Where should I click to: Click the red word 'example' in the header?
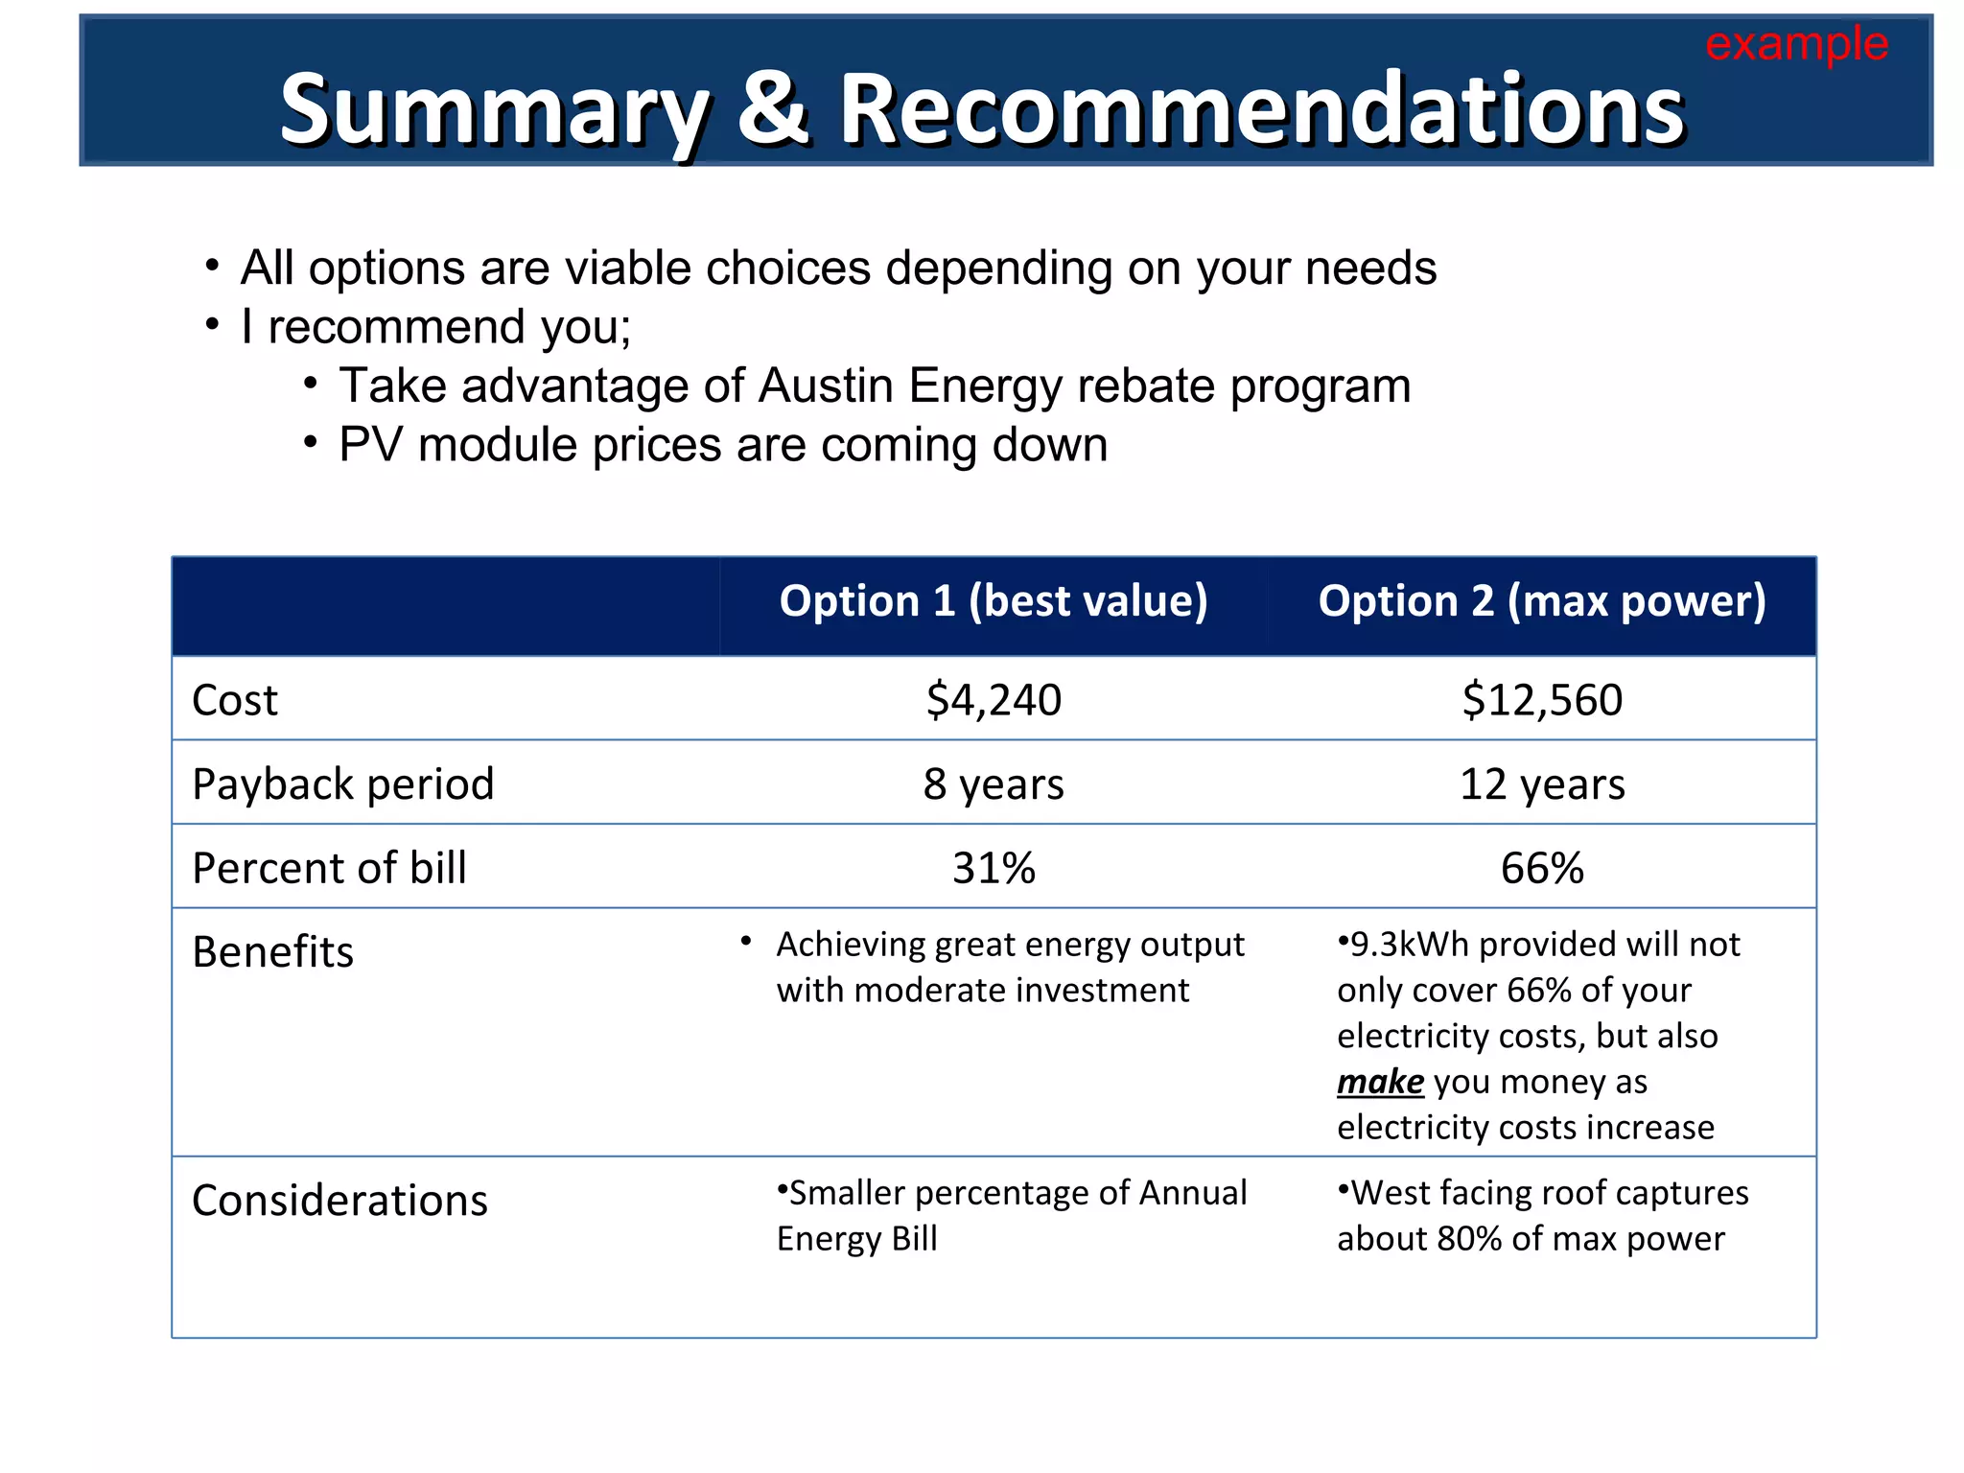(1796, 44)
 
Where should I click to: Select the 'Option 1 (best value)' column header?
(994, 601)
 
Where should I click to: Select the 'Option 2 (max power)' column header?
(1542, 601)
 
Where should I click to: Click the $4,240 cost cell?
(994, 700)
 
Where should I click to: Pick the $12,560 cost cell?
(1542, 700)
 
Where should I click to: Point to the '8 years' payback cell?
(994, 784)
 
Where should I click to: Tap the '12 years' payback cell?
(1542, 784)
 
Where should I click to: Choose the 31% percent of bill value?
(994, 869)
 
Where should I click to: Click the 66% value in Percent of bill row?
(1542, 869)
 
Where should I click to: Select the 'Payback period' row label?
(342, 784)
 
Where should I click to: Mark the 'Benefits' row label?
(272, 952)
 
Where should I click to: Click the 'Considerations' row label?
(339, 1201)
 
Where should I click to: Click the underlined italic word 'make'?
(1380, 1082)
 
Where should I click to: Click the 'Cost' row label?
(234, 700)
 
